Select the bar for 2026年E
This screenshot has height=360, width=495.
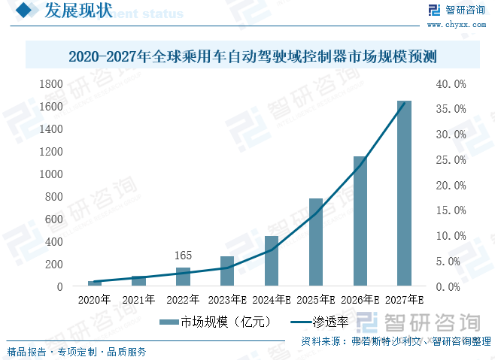[360, 222]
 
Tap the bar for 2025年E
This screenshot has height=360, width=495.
[315, 243]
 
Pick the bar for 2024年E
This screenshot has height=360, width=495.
[271, 262]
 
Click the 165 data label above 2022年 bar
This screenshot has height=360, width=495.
[183, 256]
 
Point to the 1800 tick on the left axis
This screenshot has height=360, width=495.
[52, 84]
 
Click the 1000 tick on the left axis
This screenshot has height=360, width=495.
[52, 174]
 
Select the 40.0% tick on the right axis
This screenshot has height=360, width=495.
[451, 84]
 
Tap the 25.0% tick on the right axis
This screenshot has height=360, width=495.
[451, 160]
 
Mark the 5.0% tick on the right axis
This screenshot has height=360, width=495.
[451, 262]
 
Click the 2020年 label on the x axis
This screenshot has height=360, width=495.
[94, 299]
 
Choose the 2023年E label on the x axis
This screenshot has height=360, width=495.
[226, 299]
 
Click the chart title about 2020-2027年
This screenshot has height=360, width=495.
[253, 56]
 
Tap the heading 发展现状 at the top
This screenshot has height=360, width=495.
[78, 11]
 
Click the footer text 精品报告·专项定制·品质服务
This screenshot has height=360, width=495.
[76, 352]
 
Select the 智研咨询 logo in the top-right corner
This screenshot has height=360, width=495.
[457, 10]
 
